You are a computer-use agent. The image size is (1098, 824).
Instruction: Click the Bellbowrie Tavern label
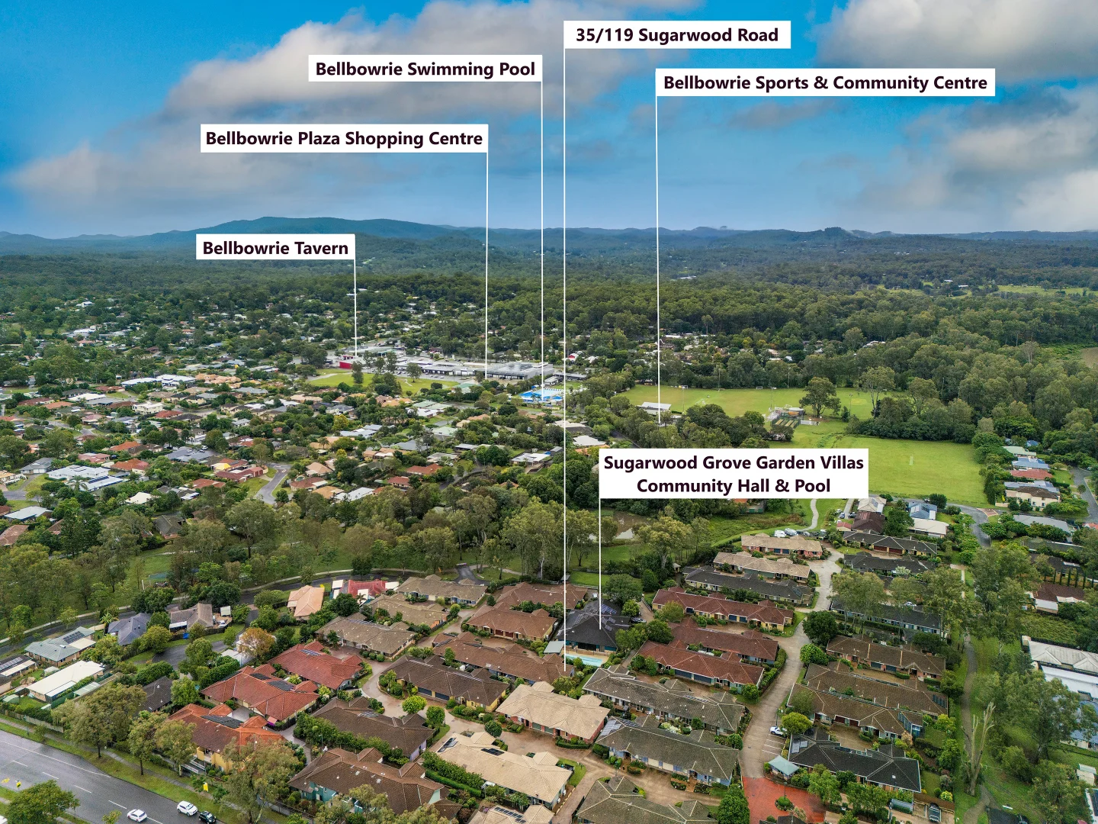pos(275,248)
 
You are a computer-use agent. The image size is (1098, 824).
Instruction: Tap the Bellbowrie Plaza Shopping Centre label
pos(344,138)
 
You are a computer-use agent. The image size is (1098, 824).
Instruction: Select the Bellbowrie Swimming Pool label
pos(425,69)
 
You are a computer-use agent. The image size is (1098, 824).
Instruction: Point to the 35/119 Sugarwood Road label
pos(677,35)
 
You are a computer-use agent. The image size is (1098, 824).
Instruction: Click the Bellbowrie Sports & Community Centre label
pos(825,82)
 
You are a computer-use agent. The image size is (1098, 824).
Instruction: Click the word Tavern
pos(320,248)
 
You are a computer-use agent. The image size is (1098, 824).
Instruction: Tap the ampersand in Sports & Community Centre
pos(821,82)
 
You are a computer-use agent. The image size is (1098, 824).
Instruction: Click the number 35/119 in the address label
pos(605,35)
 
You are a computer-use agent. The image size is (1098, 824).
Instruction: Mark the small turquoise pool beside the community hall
pos(586,659)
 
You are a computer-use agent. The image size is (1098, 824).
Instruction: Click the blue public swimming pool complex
pos(541,395)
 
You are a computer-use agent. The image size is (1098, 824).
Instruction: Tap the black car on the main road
pos(207,817)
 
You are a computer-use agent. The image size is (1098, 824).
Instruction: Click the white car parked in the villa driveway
pos(779,732)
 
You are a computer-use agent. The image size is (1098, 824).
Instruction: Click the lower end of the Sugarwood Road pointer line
pos(565,671)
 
